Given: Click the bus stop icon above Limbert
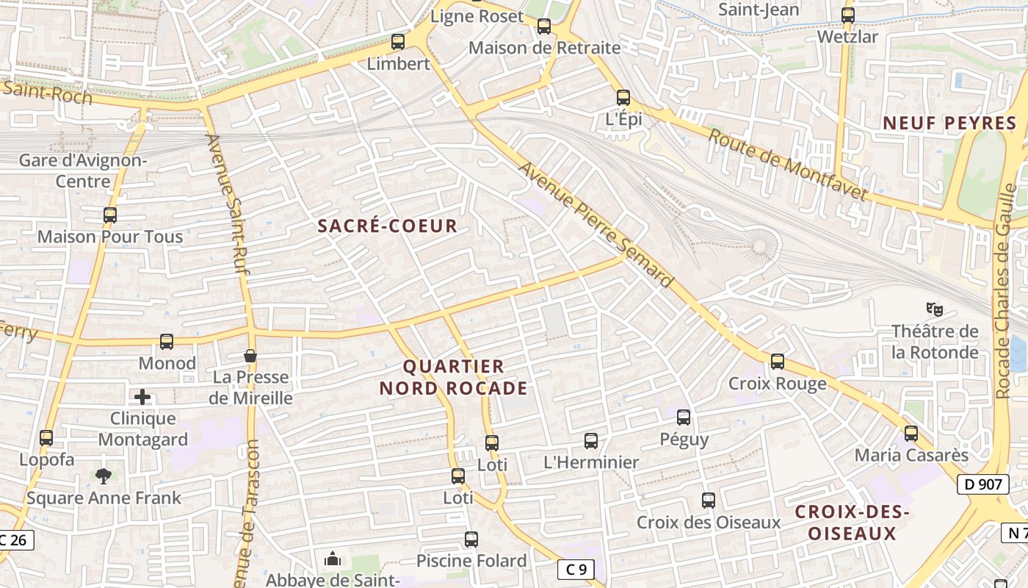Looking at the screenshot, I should coord(398,42).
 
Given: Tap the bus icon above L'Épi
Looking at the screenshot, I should coord(623,97).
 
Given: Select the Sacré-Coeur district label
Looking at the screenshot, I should coord(388,226).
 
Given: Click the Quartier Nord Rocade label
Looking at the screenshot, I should coord(453,377).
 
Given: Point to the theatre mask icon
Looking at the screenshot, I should coord(934,309).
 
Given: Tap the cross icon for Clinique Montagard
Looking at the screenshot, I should coord(142,398).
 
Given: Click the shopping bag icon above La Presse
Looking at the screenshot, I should coord(250,356).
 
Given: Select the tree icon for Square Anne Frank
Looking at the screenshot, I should coord(103,476).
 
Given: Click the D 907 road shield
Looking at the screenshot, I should coord(983,484).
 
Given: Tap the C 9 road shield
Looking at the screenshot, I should coord(575,569).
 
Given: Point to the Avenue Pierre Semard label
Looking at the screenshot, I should coord(596,225).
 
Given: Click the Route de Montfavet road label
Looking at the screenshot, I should coord(788,165).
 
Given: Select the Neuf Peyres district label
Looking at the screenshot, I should coord(949,123).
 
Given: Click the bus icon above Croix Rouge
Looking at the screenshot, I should coord(778,362).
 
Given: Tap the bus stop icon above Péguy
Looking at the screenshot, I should coord(684,417).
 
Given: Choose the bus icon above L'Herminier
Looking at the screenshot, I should coord(591,441).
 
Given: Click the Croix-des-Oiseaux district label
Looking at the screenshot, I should coord(853,523).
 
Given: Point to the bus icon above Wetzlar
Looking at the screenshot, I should coord(848,15).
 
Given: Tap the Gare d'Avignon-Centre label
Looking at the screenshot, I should coord(82,171).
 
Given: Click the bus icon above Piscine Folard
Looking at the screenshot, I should coord(471,539).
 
